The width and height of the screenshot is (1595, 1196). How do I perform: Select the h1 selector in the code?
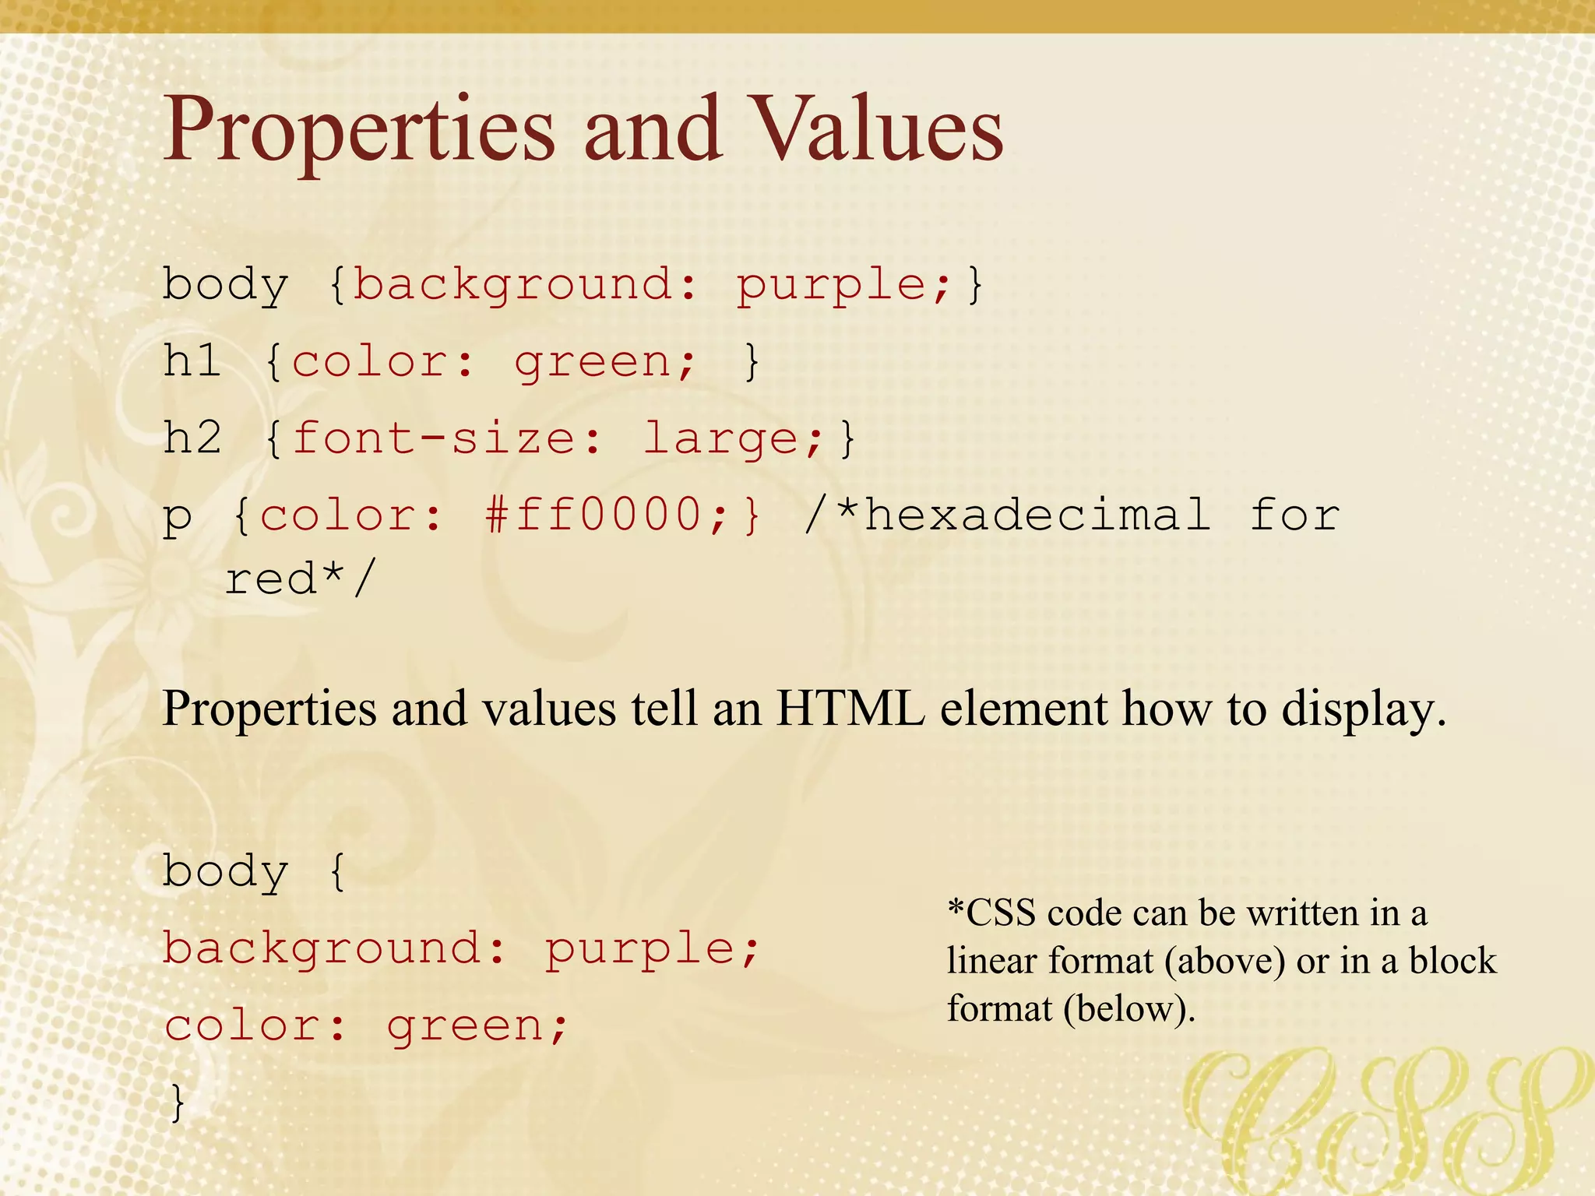coord(192,361)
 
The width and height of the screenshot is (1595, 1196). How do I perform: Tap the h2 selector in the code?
coord(192,438)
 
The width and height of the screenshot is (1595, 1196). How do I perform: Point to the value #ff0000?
coord(593,515)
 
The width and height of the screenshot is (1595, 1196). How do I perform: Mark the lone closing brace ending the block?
coord(178,1101)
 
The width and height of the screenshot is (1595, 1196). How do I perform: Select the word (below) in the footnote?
coord(1128,1009)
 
